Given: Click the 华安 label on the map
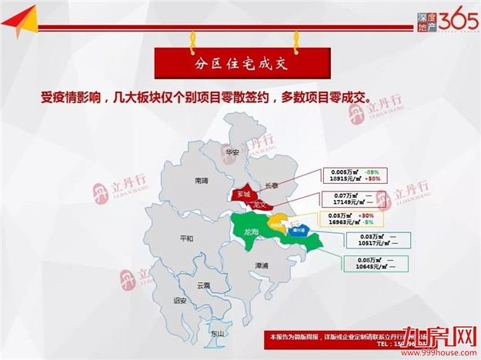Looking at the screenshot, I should tap(232, 152).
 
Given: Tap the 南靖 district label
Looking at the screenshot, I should tap(202, 181).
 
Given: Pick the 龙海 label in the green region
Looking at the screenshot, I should tap(251, 231).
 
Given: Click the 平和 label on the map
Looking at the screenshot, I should tap(185, 238).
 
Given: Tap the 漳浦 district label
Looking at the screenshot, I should tap(262, 265).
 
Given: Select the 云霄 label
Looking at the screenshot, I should tap(203, 285).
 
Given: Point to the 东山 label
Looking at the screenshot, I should tap(217, 334).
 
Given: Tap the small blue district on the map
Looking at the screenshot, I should tap(295, 230).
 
